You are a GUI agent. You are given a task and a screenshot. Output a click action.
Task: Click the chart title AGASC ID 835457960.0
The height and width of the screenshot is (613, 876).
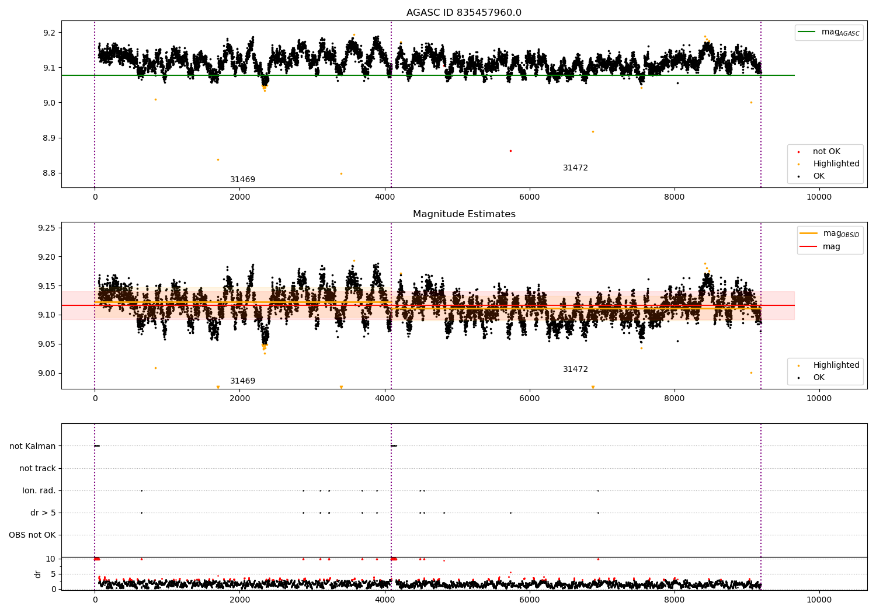click(464, 13)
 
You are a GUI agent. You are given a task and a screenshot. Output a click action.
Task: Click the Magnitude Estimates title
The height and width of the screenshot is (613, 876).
click(464, 214)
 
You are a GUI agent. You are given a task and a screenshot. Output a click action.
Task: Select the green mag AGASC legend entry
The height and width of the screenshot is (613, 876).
click(829, 32)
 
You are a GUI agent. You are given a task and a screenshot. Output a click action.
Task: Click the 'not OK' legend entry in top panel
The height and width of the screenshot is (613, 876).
click(826, 152)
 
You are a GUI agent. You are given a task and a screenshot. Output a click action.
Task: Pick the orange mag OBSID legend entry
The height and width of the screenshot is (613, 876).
click(829, 234)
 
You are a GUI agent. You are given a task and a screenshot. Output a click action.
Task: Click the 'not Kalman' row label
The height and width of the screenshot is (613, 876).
click(33, 446)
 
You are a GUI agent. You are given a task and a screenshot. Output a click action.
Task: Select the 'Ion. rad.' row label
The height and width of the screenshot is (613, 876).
click(39, 491)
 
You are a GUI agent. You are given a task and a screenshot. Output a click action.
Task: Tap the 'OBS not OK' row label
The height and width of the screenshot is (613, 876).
click(32, 535)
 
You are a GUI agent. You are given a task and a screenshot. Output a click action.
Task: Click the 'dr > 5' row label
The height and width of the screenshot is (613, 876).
click(43, 513)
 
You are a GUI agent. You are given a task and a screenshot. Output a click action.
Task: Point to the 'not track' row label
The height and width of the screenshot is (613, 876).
click(37, 468)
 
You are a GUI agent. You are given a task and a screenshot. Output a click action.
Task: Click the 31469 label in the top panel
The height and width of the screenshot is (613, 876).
click(242, 180)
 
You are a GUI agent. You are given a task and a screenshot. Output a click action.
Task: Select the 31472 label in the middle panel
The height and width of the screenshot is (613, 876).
click(575, 370)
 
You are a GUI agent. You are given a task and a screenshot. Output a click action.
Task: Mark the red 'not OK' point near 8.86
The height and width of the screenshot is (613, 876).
click(510, 151)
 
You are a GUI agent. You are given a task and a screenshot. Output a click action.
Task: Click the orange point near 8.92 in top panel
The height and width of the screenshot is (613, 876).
click(593, 131)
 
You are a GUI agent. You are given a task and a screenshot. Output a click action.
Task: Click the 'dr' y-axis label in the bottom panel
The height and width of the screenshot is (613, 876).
click(38, 574)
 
